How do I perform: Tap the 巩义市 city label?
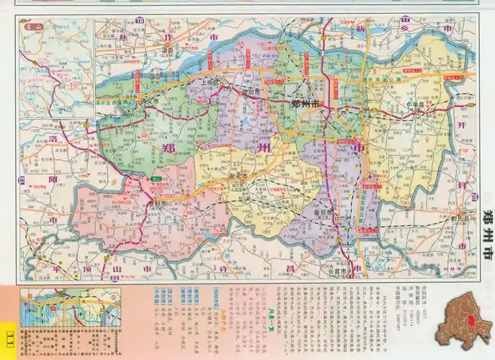coord(149,102)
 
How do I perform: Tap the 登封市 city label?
coord(156,204)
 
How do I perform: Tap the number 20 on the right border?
coord(474,197)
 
